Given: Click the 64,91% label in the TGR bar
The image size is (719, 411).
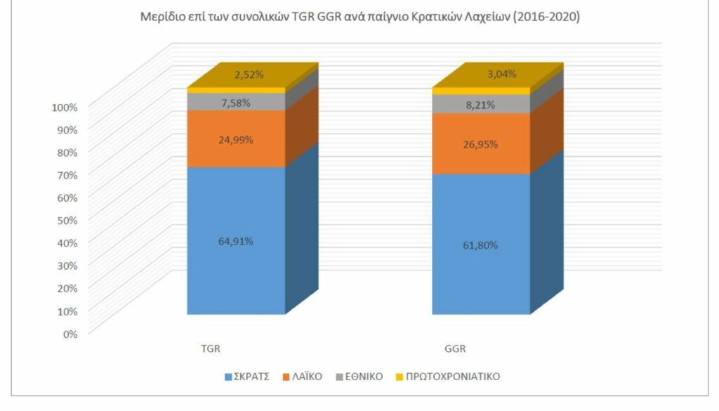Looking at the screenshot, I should (x=236, y=241).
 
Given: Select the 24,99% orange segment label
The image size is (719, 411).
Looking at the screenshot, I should (x=236, y=139).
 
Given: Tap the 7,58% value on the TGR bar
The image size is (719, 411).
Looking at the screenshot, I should (x=236, y=103).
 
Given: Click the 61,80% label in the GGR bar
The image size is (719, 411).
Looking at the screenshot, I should (x=481, y=245).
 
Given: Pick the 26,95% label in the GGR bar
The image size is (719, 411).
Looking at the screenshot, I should (x=481, y=144).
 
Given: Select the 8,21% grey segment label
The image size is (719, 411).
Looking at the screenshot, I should (x=481, y=105).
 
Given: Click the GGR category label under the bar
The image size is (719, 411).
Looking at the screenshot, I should (x=455, y=348).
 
